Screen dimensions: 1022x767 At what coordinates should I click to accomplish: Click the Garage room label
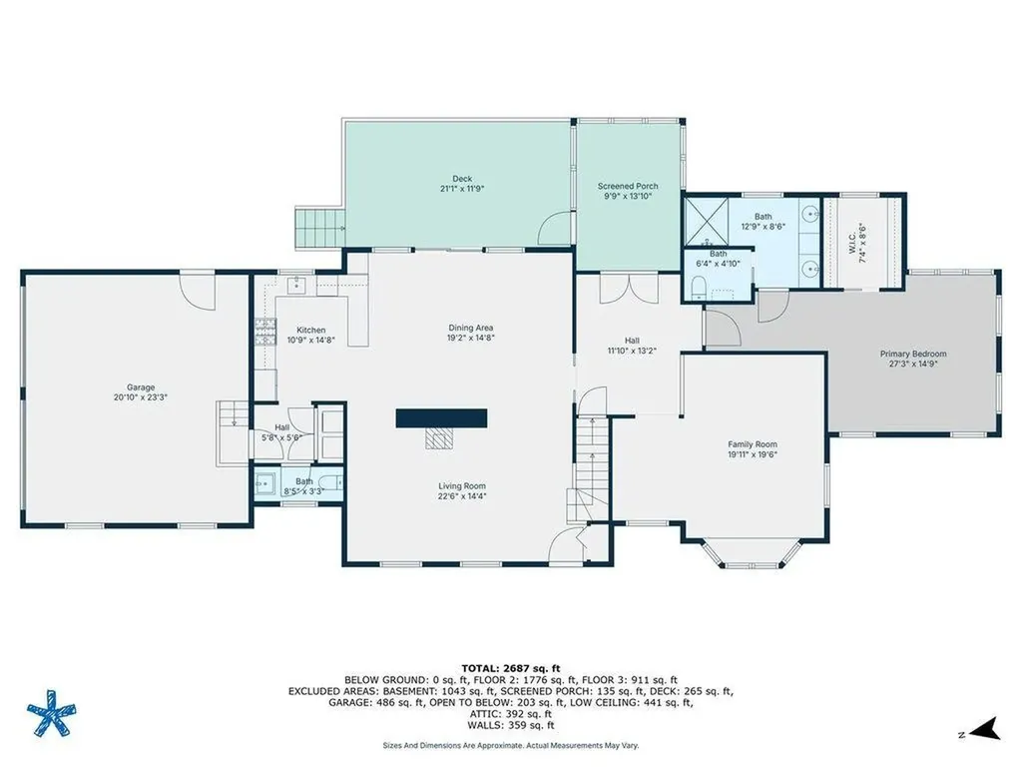click(140, 387)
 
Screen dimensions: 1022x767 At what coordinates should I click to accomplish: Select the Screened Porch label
click(628, 186)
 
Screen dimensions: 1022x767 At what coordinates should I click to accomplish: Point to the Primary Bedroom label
click(912, 355)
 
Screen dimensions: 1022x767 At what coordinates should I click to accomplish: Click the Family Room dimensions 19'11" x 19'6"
click(753, 454)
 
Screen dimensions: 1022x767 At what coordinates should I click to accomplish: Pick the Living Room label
click(461, 486)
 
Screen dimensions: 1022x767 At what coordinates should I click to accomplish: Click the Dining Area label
click(470, 328)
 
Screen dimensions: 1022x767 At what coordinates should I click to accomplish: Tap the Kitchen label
click(311, 330)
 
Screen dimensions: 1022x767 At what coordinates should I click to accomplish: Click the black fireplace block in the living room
click(441, 418)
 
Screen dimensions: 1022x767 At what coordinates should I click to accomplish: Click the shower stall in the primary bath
click(706, 223)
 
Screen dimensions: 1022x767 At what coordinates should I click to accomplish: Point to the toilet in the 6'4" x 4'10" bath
click(698, 288)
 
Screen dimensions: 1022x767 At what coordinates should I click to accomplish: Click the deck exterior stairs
click(319, 228)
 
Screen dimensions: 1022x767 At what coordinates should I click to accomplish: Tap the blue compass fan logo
click(52, 713)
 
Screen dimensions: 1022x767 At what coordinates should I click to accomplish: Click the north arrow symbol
click(987, 728)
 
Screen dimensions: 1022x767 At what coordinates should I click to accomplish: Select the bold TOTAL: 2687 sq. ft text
click(510, 668)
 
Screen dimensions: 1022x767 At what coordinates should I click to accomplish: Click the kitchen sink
click(297, 284)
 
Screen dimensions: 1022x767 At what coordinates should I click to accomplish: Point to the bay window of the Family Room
click(753, 553)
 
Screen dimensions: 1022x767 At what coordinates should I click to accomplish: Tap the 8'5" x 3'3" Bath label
click(303, 481)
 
